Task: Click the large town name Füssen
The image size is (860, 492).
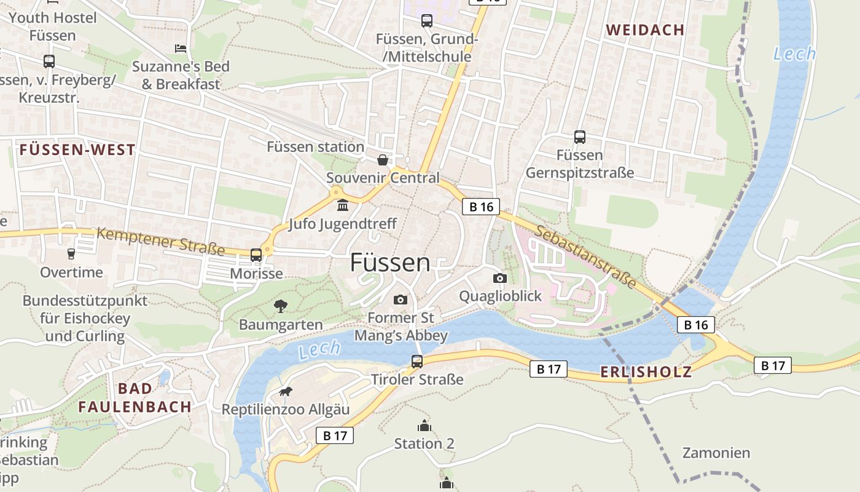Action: coord(390,263)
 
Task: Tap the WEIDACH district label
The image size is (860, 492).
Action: coord(645,30)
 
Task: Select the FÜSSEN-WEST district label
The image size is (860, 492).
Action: coord(77,150)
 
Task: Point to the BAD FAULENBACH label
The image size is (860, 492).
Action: coord(135,397)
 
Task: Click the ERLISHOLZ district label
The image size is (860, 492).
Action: coord(646,371)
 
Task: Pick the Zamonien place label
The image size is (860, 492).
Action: coord(716,453)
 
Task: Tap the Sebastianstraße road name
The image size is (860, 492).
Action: coord(585,256)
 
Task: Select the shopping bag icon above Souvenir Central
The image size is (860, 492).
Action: coord(383,161)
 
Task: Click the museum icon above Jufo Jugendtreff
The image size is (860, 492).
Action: coord(342,204)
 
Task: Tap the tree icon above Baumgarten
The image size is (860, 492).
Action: coord(281,305)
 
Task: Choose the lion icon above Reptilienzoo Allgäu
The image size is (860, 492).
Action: coord(285,392)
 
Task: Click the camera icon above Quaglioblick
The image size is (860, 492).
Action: coord(500,278)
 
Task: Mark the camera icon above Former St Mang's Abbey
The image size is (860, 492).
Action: coord(401,300)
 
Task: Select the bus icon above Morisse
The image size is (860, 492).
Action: coord(256,255)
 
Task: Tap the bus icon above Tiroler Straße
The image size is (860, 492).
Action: coord(417,362)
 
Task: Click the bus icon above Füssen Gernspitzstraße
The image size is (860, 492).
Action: coord(579,137)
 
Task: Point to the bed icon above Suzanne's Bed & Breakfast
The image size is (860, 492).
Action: coord(180,48)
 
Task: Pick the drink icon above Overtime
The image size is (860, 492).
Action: coord(71,253)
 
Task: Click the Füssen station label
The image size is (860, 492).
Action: coord(315,147)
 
